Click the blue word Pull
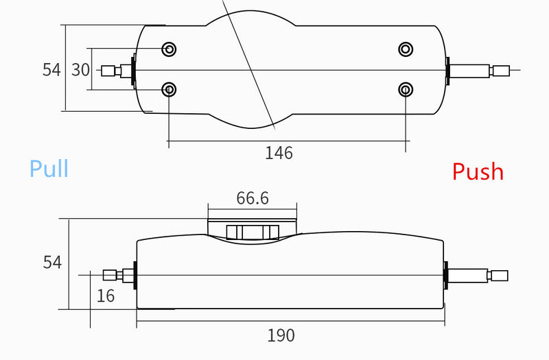coord(49,168)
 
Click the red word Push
coord(478,171)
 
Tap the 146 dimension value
coord(279,153)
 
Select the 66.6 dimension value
coord(253,198)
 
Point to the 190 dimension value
coord(281,335)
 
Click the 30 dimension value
coord(80,70)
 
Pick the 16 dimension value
coord(106,296)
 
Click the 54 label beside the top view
coord(51,70)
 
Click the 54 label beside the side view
coord(52,262)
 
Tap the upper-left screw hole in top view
coord(169,49)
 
